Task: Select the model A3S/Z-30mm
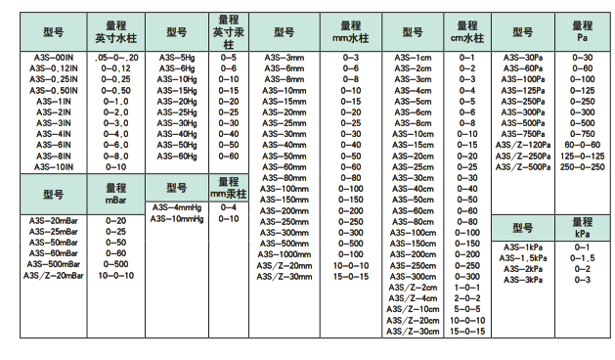pyautogui.click(x=286, y=276)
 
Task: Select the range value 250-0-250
pyautogui.click(x=583, y=166)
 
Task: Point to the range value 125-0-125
pyautogui.click(x=583, y=156)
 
